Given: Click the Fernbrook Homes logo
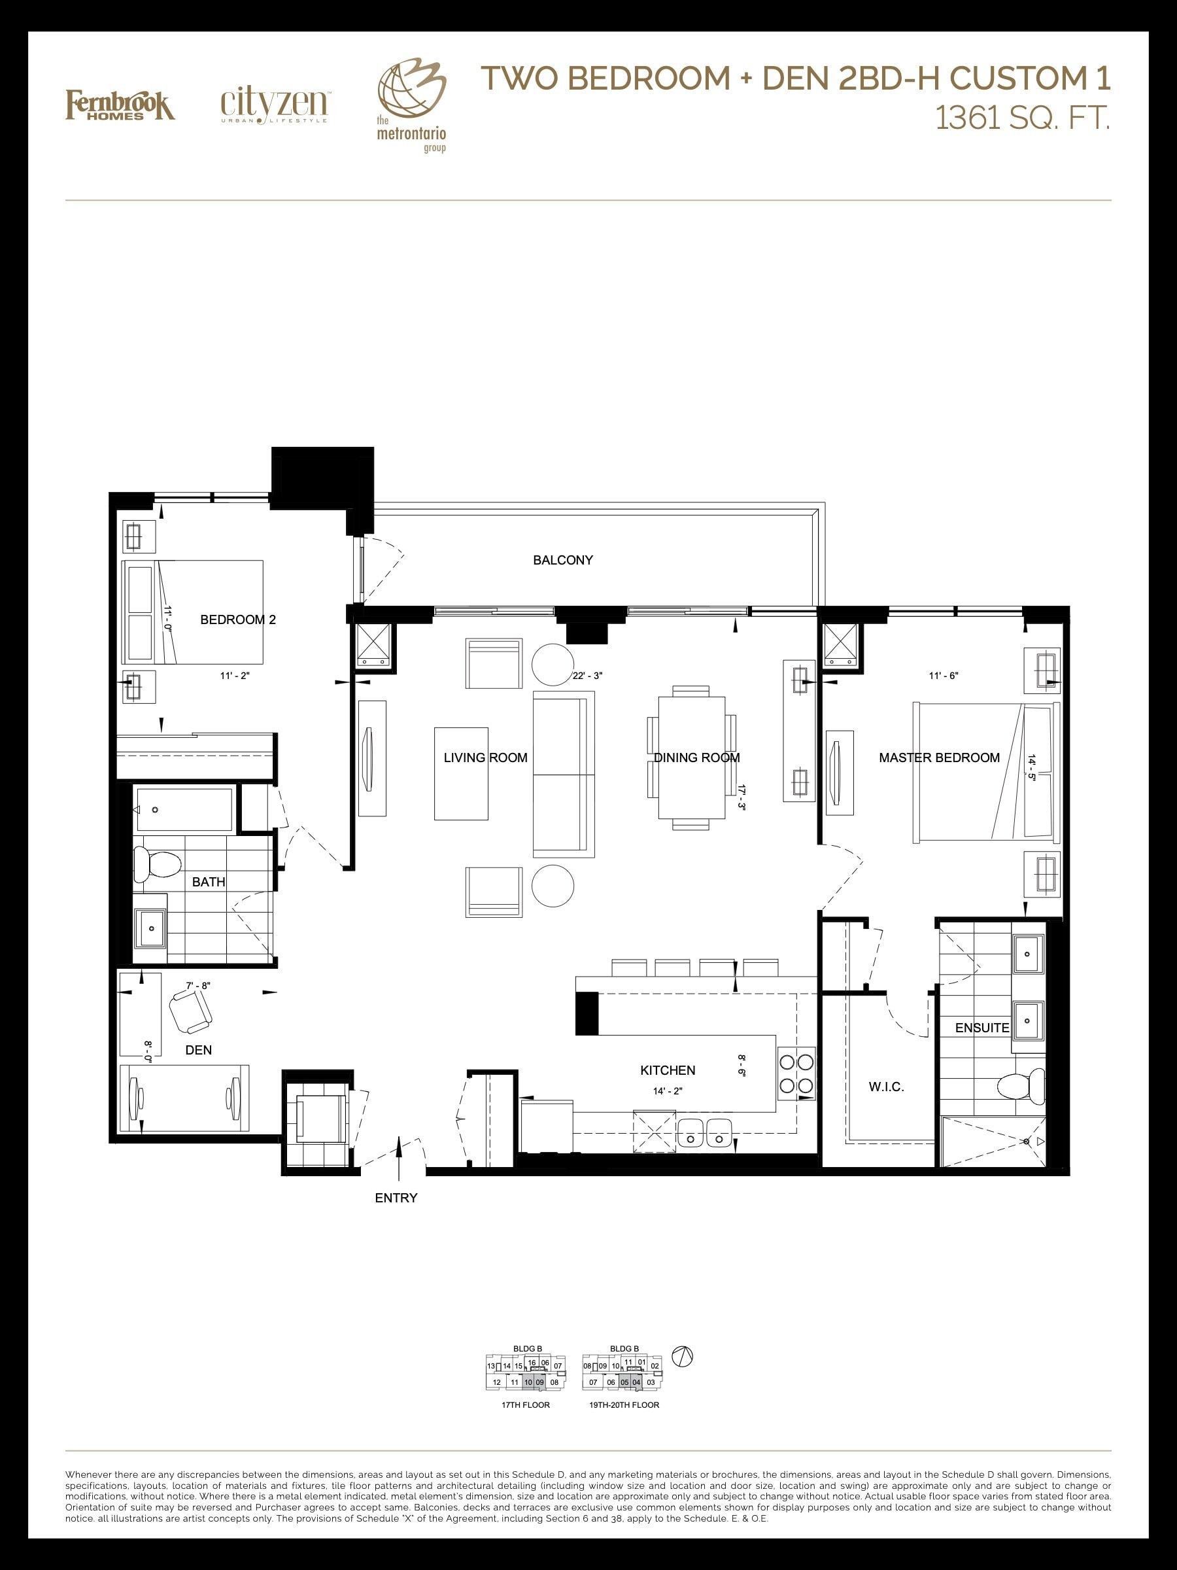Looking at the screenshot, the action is (x=120, y=105).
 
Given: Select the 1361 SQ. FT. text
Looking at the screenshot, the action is (x=1022, y=118).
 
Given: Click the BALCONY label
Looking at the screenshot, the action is (x=562, y=560).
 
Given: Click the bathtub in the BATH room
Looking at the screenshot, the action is (x=184, y=809).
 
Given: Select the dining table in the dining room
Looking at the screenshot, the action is (x=692, y=758).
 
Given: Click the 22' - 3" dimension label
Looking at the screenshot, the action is (x=587, y=676).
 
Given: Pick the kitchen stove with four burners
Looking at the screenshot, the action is (x=796, y=1074).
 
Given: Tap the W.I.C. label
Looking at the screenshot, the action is (x=886, y=1087).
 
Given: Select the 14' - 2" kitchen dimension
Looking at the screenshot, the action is (x=668, y=1092).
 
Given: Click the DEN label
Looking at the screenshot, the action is (x=199, y=1050).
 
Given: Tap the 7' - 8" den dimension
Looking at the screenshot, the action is (x=198, y=986).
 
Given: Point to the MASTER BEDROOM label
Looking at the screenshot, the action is (x=940, y=758).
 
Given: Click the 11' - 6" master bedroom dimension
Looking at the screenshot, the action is (x=944, y=676).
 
